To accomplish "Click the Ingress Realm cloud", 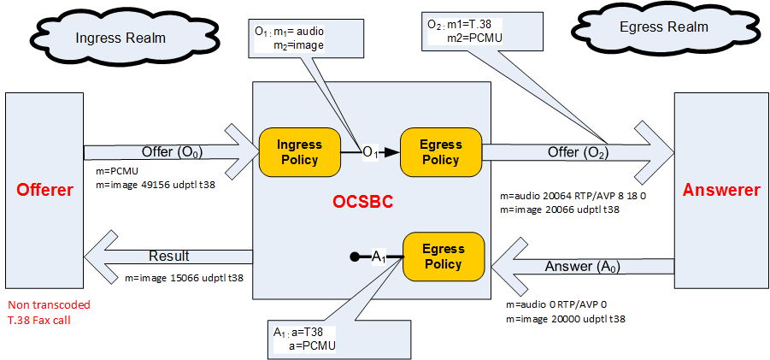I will coord(120,38).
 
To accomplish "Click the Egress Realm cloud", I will coord(664,27).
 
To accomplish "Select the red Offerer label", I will coord(44,190).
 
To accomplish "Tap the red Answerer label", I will coord(721,190).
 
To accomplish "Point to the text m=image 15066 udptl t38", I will coord(183,277).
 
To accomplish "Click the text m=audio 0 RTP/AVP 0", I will coord(556,305).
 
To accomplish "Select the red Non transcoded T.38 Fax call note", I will coord(49,311).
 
